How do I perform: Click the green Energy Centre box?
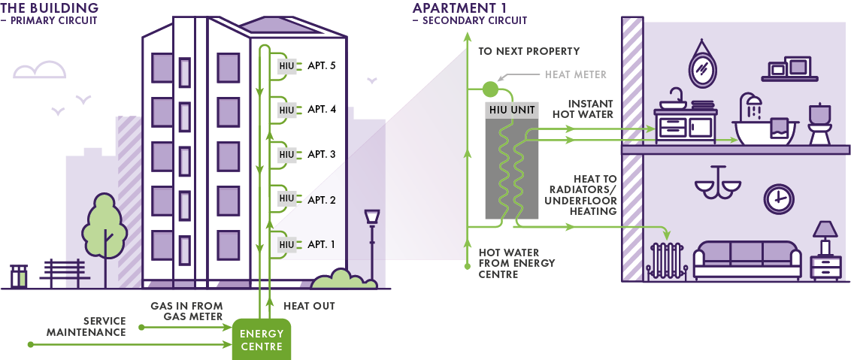click(261, 340)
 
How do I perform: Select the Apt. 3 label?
click(322, 154)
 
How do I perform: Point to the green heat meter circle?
click(489, 89)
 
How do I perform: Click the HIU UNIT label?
click(511, 110)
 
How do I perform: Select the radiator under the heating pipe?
click(666, 260)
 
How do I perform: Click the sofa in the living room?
click(747, 259)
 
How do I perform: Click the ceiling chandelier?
click(716, 185)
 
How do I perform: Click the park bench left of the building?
click(62, 271)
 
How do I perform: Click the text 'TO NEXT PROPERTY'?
click(529, 51)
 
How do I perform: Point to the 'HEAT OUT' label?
click(309, 306)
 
